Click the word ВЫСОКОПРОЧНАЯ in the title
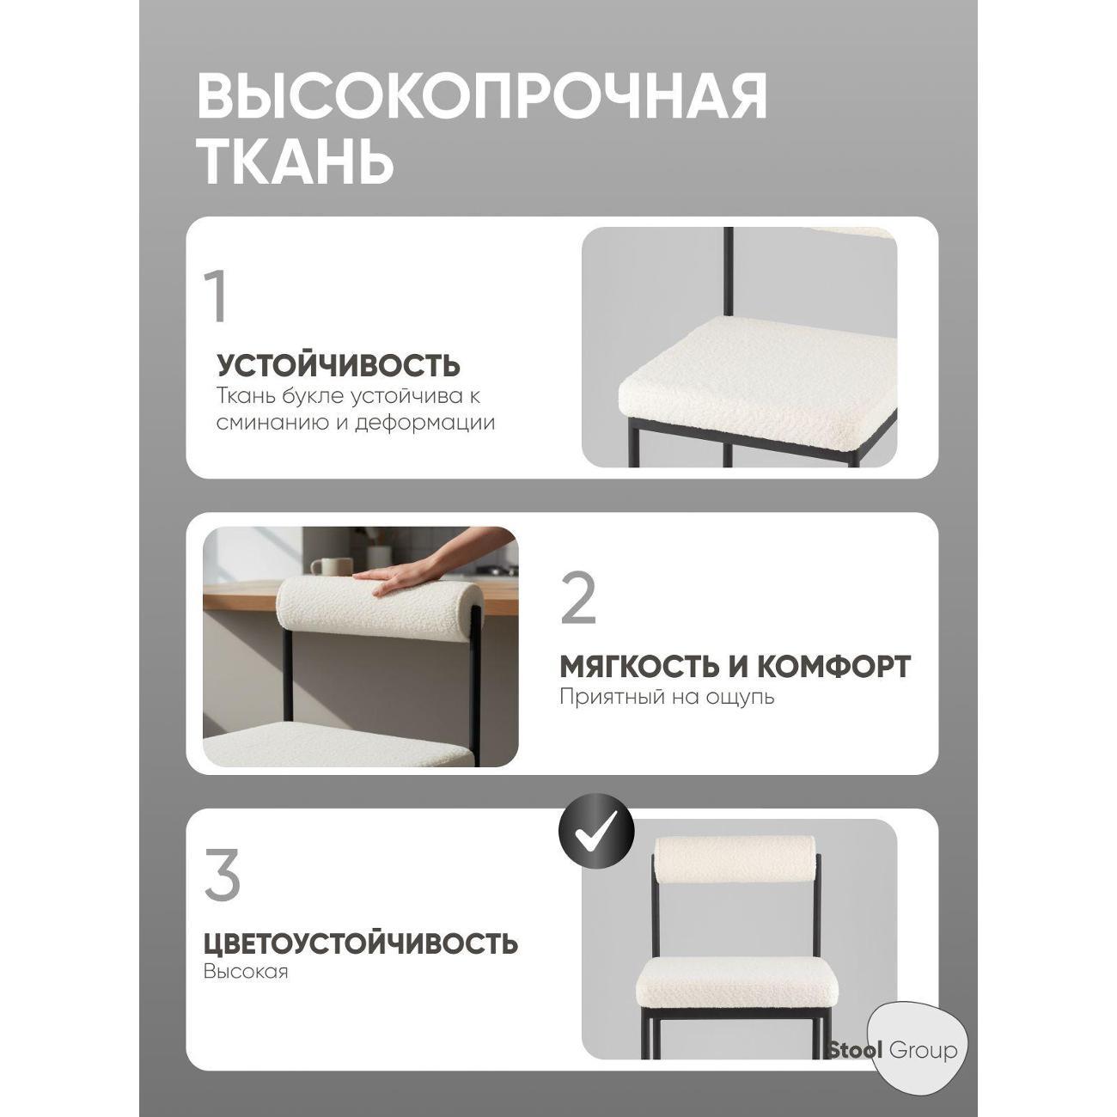coord(482,96)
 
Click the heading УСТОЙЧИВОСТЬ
coord(339,366)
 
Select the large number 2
coord(578,599)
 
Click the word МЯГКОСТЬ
coord(636,666)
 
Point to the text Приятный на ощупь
coord(667,696)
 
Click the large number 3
coord(223,876)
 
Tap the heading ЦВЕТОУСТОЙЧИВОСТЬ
coord(361,943)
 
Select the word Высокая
coord(246,972)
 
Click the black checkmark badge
coord(596,829)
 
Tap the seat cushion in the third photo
coord(735,980)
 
